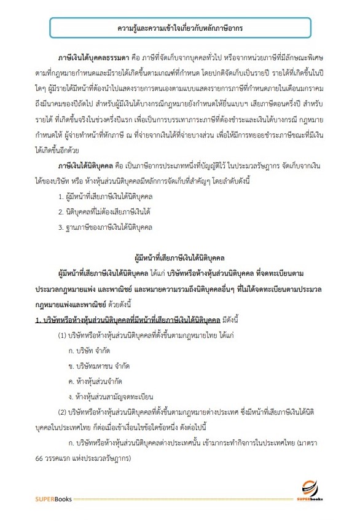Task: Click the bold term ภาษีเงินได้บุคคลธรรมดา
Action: point(92,65)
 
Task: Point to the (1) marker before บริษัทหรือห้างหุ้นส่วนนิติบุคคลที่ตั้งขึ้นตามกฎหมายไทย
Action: point(63,335)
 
